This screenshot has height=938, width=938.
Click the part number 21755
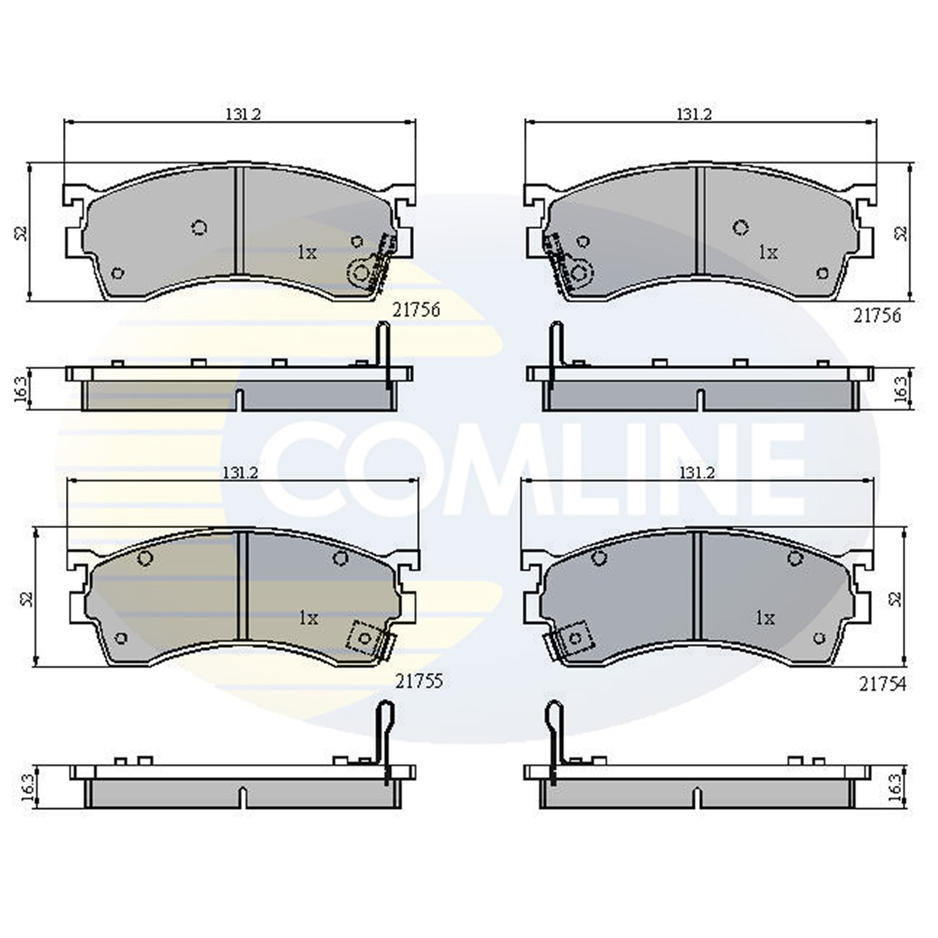pyautogui.click(x=419, y=682)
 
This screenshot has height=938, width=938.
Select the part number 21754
pyautogui.click(x=883, y=684)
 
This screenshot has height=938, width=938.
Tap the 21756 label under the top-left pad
pyautogui.click(x=416, y=310)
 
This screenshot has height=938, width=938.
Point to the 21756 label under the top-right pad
pyautogui.click(x=877, y=316)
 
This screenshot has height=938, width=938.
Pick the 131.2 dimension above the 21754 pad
pyautogui.click(x=695, y=473)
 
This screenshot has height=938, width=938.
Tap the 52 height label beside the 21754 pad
pyautogui.click(x=895, y=598)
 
